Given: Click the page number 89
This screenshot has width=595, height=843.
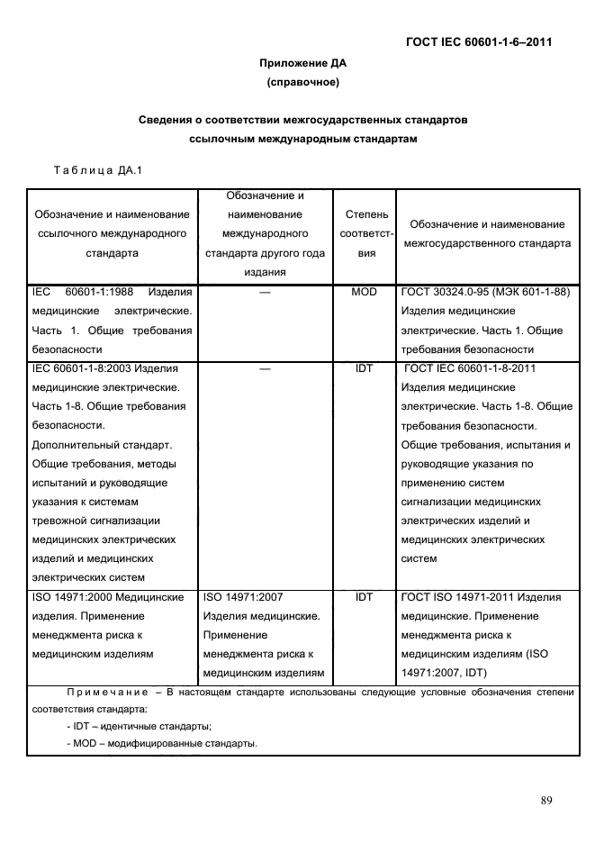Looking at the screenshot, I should pyautogui.click(x=545, y=801).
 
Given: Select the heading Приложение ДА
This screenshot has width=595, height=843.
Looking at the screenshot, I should pyautogui.click(x=302, y=63).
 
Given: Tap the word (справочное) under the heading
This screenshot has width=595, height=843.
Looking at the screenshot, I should pyautogui.click(x=302, y=83).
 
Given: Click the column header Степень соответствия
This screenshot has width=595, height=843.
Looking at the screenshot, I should pyautogui.click(x=366, y=234).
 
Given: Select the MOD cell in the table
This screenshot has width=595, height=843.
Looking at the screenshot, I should pyautogui.click(x=366, y=292).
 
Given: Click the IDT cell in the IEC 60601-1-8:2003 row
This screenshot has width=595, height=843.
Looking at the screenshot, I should pyautogui.click(x=366, y=367).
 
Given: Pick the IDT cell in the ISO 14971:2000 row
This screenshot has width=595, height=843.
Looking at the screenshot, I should pyautogui.click(x=366, y=596).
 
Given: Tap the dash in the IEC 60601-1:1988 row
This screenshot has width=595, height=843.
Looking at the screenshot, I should pyautogui.click(x=265, y=292).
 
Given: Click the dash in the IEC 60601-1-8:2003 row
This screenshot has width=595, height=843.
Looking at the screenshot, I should pyautogui.click(x=265, y=367).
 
